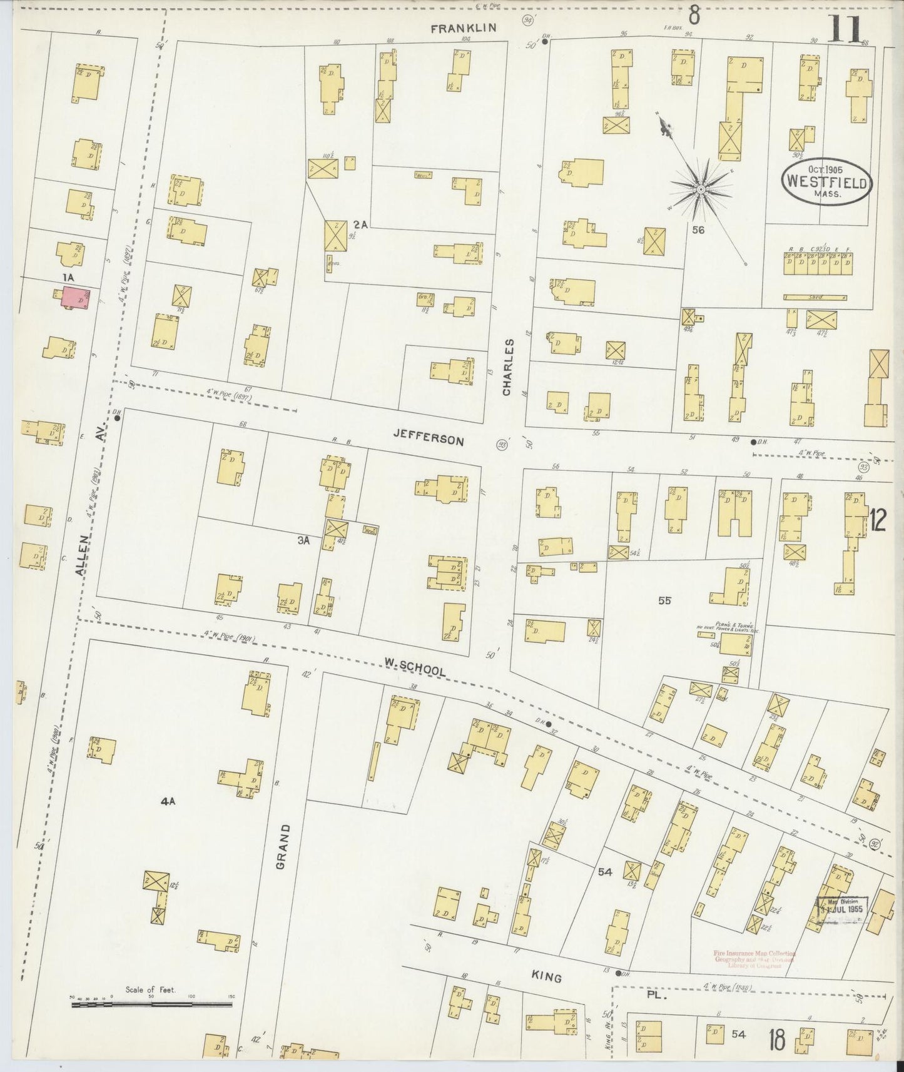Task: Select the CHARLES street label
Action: (x=507, y=367)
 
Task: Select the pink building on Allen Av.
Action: (x=74, y=298)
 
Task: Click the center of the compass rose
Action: (x=701, y=188)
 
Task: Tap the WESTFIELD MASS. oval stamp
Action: (x=825, y=183)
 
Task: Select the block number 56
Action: (x=698, y=230)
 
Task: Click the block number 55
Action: (x=664, y=600)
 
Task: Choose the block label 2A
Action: (x=360, y=224)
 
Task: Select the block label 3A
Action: (x=303, y=541)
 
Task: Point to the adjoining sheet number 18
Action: (x=778, y=1041)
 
